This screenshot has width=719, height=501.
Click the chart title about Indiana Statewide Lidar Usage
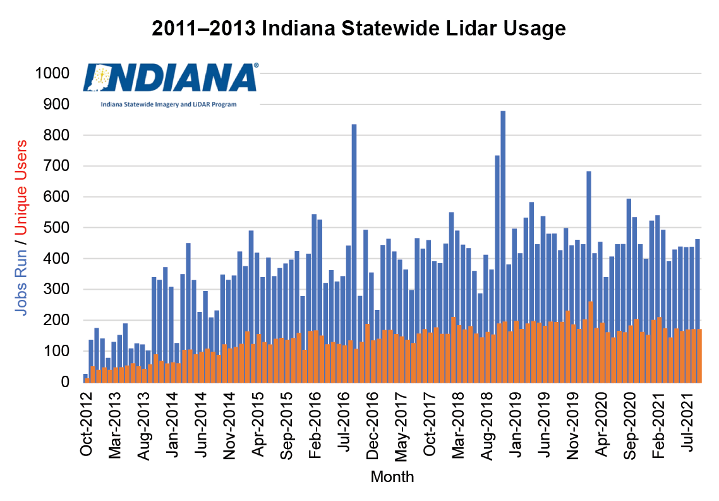(x=359, y=29)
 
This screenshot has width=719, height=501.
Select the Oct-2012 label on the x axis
(x=87, y=424)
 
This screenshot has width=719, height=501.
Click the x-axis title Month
(x=392, y=476)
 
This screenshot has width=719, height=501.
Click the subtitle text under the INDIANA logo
(x=169, y=104)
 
